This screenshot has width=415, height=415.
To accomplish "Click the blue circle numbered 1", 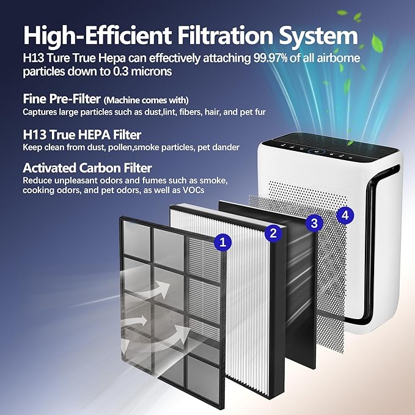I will click(222, 242).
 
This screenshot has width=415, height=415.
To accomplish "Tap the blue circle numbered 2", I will click(273, 232).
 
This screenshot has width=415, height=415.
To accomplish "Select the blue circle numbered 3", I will click(314, 223).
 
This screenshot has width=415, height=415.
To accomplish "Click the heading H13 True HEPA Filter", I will click(82, 134).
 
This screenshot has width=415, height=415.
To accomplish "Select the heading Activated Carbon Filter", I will click(87, 167).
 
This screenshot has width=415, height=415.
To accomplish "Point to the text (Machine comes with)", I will click(146, 100).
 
